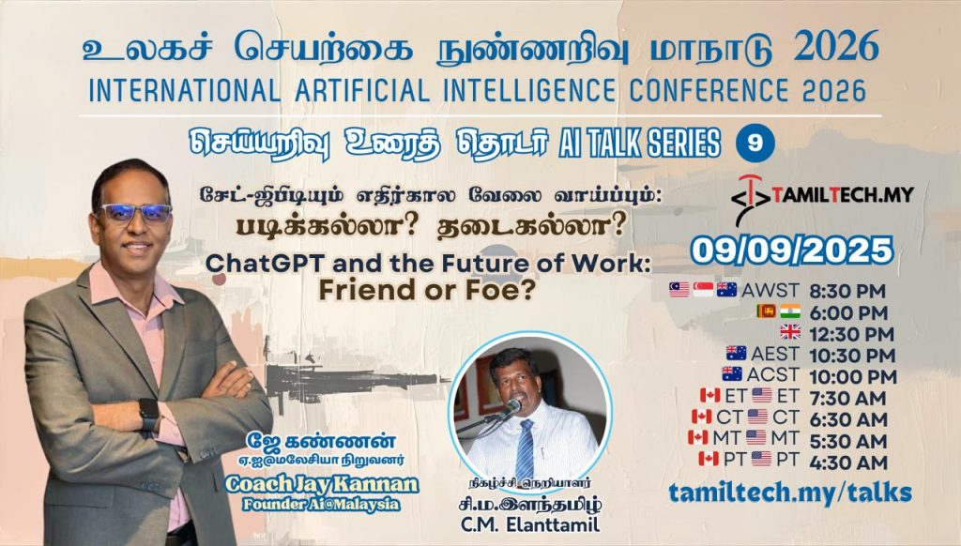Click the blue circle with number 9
[x=755, y=144]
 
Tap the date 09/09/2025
[x=792, y=250]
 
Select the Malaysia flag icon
[x=679, y=289]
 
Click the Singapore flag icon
[x=703, y=289]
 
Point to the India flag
[x=790, y=311]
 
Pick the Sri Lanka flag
[x=766, y=311]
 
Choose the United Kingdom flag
[x=790, y=332]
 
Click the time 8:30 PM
[x=847, y=291]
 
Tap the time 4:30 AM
[x=848, y=463]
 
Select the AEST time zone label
[x=774, y=354]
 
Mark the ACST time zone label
[x=773, y=373]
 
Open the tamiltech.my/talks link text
[x=790, y=493]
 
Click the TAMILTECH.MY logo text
[x=843, y=195]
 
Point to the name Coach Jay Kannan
[x=322, y=484]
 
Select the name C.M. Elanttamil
[x=530, y=525]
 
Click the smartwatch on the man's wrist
[x=149, y=415]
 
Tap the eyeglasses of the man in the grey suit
[x=135, y=213]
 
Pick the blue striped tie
[x=526, y=448]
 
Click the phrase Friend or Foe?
[x=427, y=291]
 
